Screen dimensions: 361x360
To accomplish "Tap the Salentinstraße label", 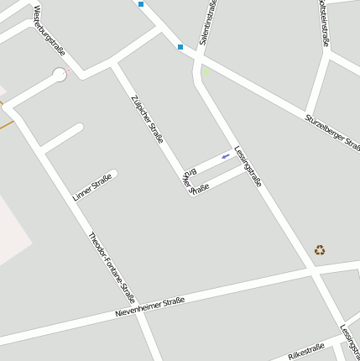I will pyautogui.click(x=207, y=23).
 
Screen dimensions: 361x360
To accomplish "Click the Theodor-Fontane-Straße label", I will pyautogui.click(x=112, y=266).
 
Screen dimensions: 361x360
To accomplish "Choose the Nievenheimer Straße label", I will pyautogui.click(x=149, y=307).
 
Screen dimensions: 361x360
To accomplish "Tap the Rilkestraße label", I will pyautogui.click(x=305, y=351).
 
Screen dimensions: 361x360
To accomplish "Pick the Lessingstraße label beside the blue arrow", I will pyautogui.click(x=248, y=166).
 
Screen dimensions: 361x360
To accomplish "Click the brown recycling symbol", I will pyautogui.click(x=320, y=249).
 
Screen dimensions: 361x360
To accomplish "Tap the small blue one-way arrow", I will pyautogui.click(x=225, y=156).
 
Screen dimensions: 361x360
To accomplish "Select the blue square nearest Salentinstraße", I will pyautogui.click(x=180, y=46).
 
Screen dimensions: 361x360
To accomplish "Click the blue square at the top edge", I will pyautogui.click(x=141, y=4).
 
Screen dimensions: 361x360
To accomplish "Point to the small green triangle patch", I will pyautogui.click(x=206, y=72).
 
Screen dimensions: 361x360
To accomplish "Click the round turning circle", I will pyautogui.click(x=60, y=75).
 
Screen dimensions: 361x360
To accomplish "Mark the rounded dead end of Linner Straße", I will pyautogui.click(x=113, y=175).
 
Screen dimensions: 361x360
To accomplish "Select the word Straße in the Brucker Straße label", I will pyautogui.click(x=200, y=187).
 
